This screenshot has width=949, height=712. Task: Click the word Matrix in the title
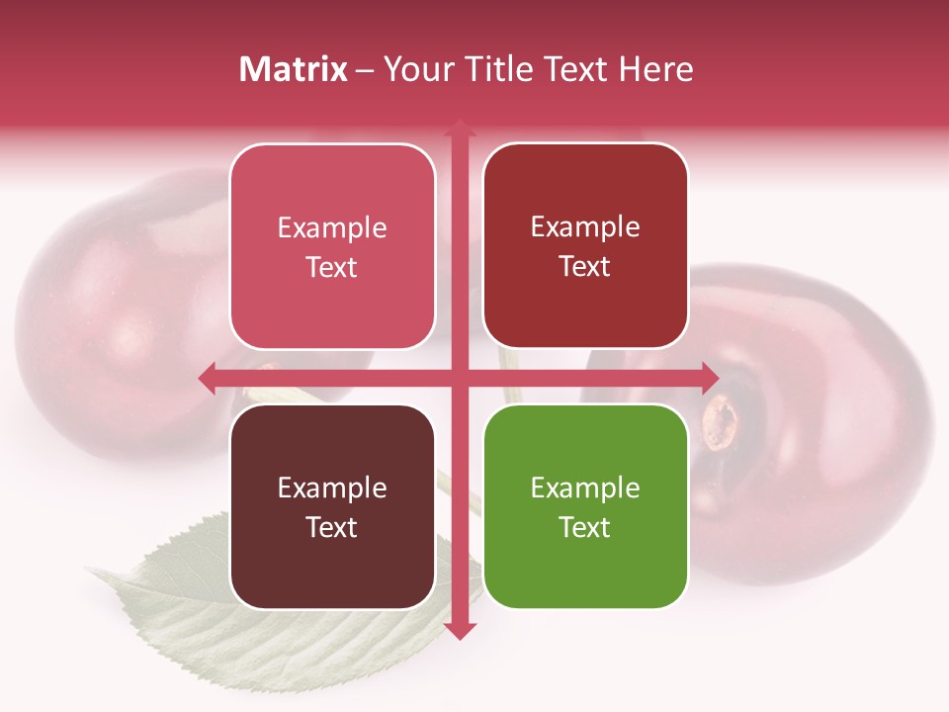(x=294, y=69)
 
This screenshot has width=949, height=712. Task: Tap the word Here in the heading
(x=655, y=69)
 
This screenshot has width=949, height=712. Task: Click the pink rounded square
(x=332, y=246)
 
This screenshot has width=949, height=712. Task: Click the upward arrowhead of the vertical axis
(x=459, y=129)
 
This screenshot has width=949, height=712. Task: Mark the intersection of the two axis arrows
(x=459, y=378)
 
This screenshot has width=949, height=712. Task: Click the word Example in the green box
(x=585, y=488)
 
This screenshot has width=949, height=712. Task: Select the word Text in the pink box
(x=332, y=267)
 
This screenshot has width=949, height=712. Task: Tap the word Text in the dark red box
(x=585, y=266)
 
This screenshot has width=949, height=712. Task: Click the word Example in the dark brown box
(x=332, y=488)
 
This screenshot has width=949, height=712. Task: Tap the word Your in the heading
(x=411, y=69)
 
